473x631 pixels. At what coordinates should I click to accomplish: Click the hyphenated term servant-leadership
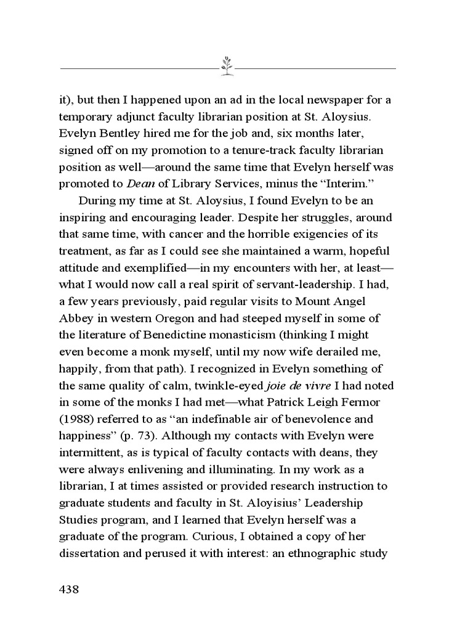(x=297, y=284)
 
